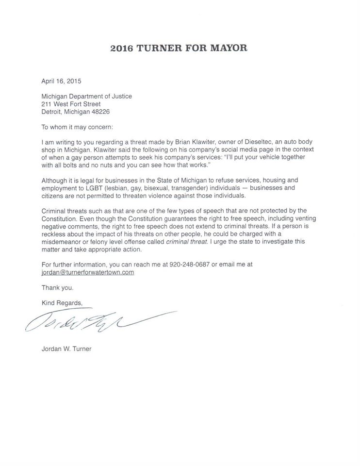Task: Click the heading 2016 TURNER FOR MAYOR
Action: (179, 48)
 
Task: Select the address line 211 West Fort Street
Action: (71, 104)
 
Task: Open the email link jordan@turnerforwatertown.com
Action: (88, 272)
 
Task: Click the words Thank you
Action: (58, 287)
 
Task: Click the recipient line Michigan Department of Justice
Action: (87, 96)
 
